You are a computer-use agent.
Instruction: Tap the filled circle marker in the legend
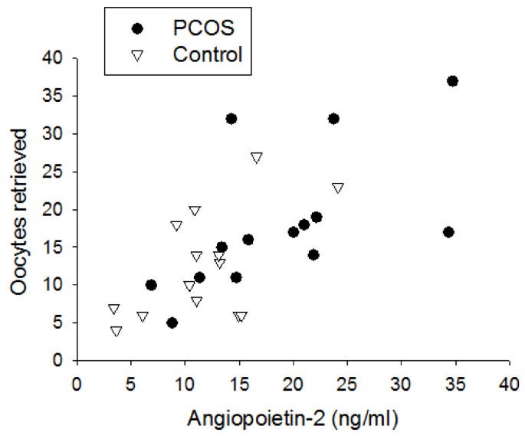point(137,28)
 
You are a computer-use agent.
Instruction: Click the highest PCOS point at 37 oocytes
point(452,81)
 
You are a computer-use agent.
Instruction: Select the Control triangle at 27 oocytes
point(257,157)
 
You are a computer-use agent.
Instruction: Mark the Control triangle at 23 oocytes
point(338,188)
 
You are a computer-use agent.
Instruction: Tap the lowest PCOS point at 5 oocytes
point(172,323)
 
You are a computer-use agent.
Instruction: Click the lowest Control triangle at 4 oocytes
point(116,332)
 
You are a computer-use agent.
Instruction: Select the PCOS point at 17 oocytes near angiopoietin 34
point(449,232)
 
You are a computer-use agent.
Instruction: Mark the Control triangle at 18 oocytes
point(177,226)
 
